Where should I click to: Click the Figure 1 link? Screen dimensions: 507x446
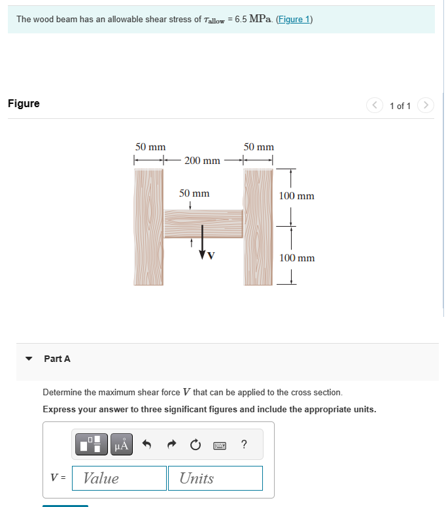pyautogui.click(x=294, y=19)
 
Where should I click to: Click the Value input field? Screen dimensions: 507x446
pyautogui.click(x=119, y=478)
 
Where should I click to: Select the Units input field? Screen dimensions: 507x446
pyautogui.click(x=215, y=478)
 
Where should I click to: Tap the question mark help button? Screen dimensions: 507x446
pyautogui.click(x=244, y=445)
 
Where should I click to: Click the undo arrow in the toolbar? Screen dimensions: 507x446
pyautogui.click(x=147, y=445)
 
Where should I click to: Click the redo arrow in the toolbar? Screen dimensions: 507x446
pyautogui.click(x=171, y=445)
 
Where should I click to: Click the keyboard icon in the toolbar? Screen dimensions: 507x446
pyautogui.click(x=220, y=445)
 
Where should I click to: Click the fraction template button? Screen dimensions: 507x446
pyautogui.click(x=92, y=445)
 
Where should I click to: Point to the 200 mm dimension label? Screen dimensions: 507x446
pyautogui.click(x=202, y=160)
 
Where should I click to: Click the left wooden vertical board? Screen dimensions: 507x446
pyautogui.click(x=148, y=227)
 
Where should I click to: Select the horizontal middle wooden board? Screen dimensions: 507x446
pyautogui.click(x=203, y=223)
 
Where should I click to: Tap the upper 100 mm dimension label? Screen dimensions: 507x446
pyautogui.click(x=296, y=195)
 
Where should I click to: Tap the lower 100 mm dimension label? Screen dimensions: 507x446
pyautogui.click(x=296, y=258)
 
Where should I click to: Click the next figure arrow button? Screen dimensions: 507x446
pyautogui.click(x=425, y=105)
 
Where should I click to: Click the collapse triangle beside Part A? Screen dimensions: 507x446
pyautogui.click(x=28, y=359)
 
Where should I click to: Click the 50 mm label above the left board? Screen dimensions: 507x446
pyautogui.click(x=150, y=147)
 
